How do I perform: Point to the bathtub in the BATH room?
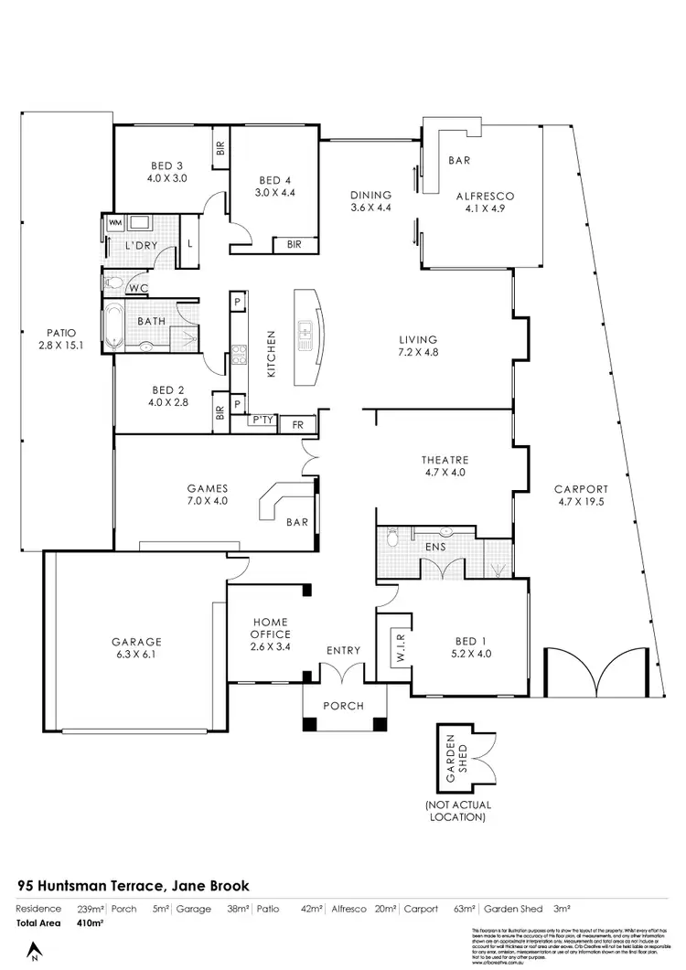[113, 328]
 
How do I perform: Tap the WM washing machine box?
[115, 222]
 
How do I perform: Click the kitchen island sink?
[305, 335]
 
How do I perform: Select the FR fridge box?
[297, 425]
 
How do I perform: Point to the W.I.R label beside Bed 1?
[399, 650]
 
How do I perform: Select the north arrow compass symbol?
[35, 951]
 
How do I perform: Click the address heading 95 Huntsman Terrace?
[134, 886]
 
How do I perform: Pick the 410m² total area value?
[90, 924]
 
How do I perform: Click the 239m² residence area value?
[90, 909]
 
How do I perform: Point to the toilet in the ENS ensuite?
[392, 539]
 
